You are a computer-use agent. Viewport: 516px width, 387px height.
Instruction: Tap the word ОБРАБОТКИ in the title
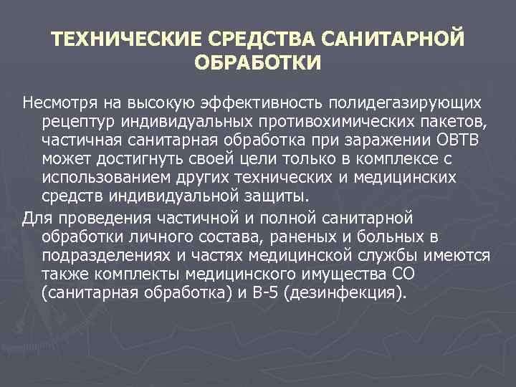[258, 62]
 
